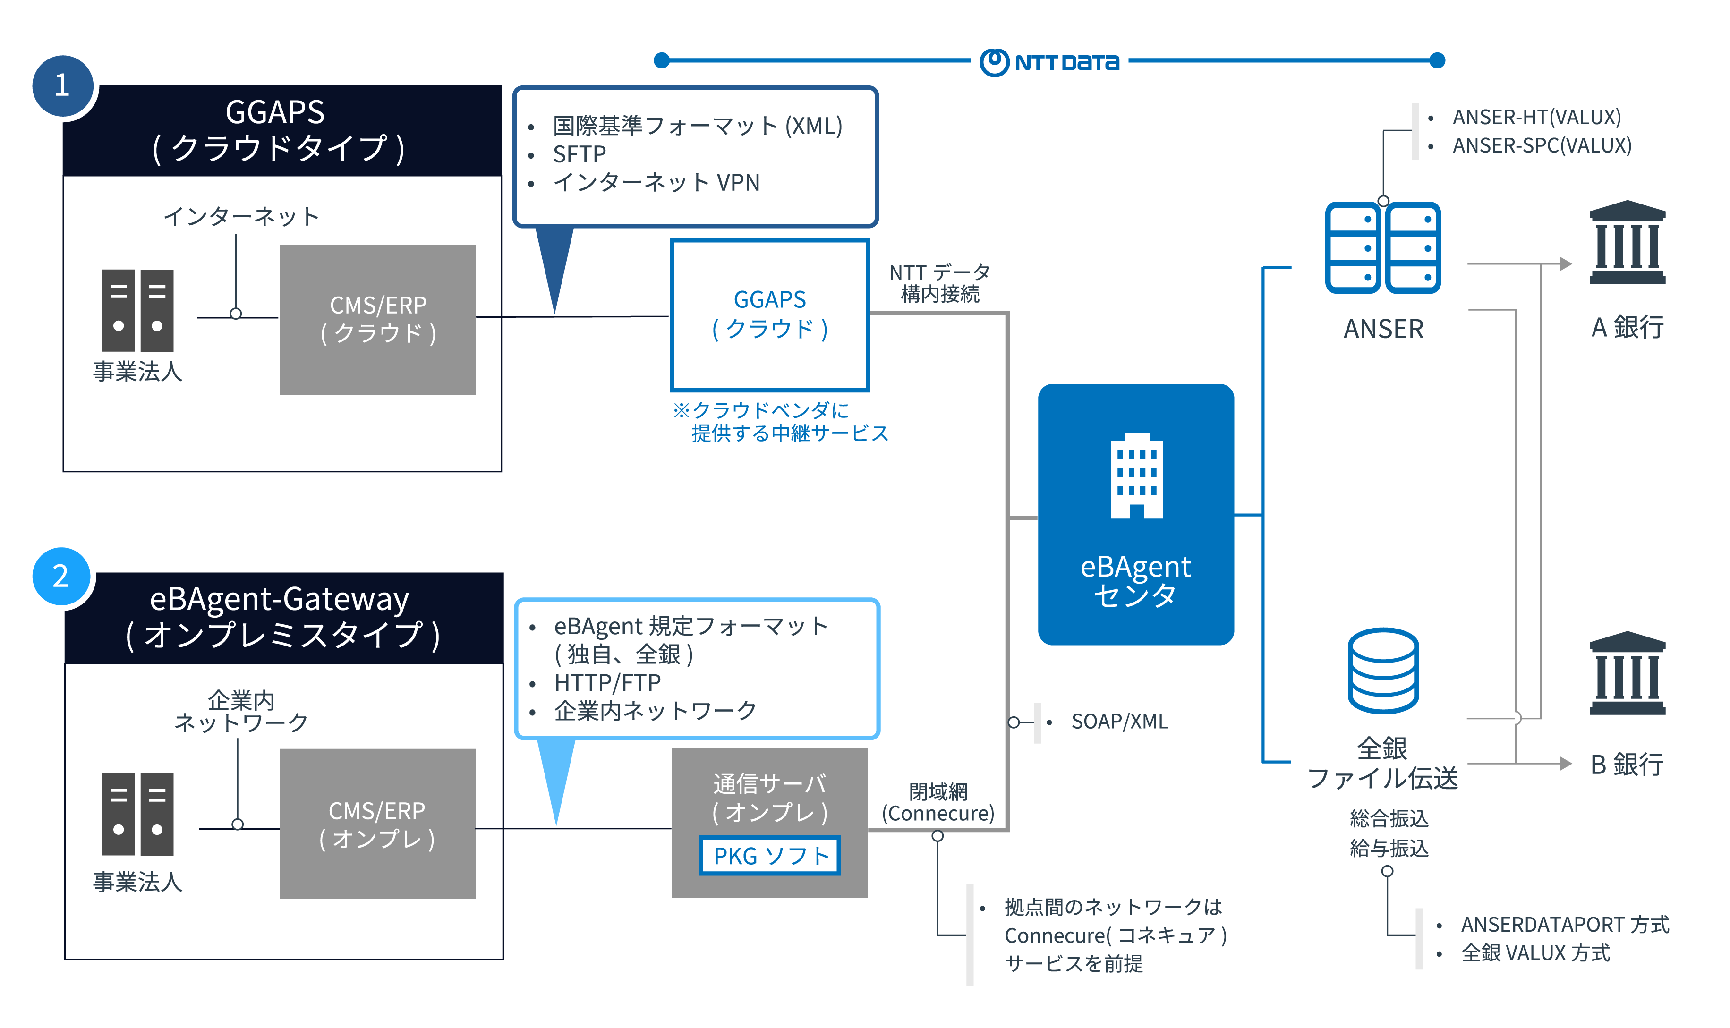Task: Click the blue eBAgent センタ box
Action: pos(1135,514)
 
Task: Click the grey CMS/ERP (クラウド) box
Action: pos(377,319)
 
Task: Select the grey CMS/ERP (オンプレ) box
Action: pos(377,824)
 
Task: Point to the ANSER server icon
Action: pos(1382,247)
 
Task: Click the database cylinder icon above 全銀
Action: pos(1382,670)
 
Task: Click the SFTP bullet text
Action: pos(579,154)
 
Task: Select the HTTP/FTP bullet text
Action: pos(607,683)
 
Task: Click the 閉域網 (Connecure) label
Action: pos(937,802)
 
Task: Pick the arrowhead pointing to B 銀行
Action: pos(1565,764)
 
